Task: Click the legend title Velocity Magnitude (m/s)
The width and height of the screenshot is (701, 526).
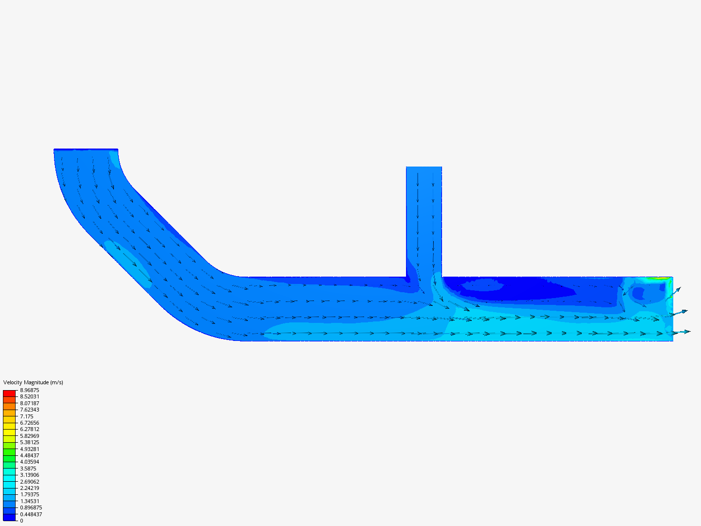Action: [33, 382]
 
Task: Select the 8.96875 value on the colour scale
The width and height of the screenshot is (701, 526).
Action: [29, 390]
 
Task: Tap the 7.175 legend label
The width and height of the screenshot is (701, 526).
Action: [26, 416]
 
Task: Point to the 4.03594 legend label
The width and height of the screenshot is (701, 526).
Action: [29, 462]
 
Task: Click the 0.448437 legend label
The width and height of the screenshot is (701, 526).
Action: [31, 514]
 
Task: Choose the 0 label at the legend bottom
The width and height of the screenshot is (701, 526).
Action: [21, 521]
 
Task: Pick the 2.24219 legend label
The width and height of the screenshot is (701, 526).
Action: [29, 488]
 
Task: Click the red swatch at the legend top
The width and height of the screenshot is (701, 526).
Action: [9, 393]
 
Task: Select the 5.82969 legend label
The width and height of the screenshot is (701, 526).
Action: [29, 436]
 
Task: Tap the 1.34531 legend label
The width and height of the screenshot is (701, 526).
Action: [29, 501]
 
